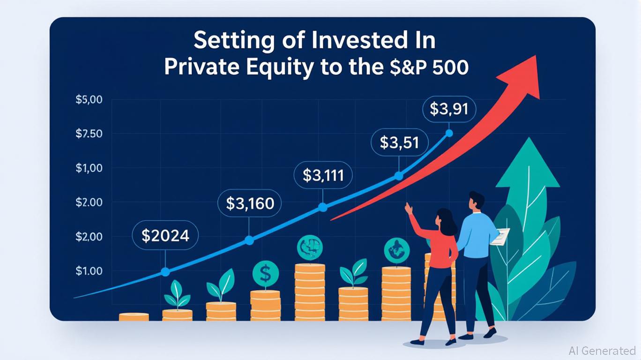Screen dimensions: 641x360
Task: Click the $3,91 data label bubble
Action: pyautogui.click(x=449, y=109)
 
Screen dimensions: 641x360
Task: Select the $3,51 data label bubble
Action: pyautogui.click(x=400, y=142)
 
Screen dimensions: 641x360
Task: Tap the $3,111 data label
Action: pyautogui.click(x=323, y=175)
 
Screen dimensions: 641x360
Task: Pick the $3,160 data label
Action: pyautogui.click(x=250, y=203)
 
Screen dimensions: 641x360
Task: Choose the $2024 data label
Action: pyautogui.click(x=165, y=235)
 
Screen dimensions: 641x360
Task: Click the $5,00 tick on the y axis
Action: pyautogui.click(x=89, y=99)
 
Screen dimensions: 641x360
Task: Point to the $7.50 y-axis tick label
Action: pyautogui.click(x=89, y=134)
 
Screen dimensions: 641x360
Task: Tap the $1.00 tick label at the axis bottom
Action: pyautogui.click(x=89, y=271)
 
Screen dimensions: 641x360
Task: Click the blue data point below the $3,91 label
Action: pyautogui.click(x=449, y=133)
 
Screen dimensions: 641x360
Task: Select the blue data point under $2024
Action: pyautogui.click(x=165, y=272)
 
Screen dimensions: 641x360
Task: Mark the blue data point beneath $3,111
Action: pyautogui.click(x=323, y=208)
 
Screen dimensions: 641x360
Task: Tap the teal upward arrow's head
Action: pyautogui.click(x=528, y=163)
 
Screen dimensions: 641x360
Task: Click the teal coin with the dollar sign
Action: pyautogui.click(x=266, y=273)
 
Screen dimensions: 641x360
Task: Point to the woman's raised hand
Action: pyautogui.click(x=409, y=208)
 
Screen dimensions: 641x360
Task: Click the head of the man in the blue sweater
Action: pyautogui.click(x=476, y=200)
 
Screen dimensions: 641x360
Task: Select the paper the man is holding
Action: pyautogui.click(x=500, y=236)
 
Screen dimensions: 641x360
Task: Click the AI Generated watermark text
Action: pyautogui.click(x=602, y=351)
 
